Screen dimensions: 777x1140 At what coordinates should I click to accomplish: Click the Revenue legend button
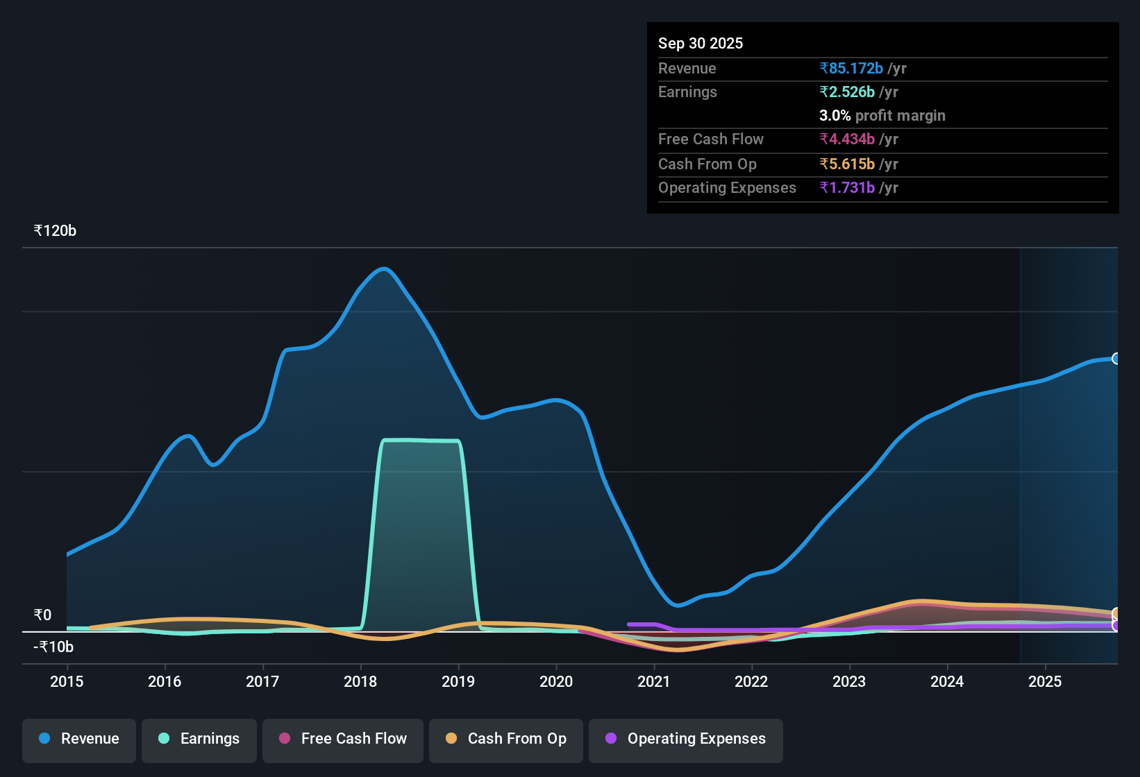pos(79,740)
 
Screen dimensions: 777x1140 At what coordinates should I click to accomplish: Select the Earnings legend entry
pos(199,740)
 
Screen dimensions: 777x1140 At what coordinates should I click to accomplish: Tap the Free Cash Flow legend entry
pos(343,740)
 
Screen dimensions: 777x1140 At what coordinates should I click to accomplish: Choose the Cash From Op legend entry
pos(506,740)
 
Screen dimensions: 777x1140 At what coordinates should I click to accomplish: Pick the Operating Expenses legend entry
pos(686,740)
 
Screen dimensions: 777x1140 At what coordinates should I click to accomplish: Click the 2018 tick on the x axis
pos(360,682)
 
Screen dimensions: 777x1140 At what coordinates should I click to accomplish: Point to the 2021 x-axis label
pos(653,682)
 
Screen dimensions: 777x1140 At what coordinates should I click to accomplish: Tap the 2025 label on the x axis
pos(1044,682)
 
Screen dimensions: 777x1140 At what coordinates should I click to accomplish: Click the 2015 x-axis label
pos(67,682)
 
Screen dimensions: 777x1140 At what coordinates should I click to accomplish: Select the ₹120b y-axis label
pos(55,231)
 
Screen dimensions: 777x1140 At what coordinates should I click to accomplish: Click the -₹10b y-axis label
pos(53,647)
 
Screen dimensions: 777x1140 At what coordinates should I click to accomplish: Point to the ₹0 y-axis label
pos(42,615)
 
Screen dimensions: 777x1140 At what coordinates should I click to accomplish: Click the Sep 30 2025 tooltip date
pos(700,44)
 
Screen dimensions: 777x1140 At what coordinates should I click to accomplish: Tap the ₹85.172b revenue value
pos(851,69)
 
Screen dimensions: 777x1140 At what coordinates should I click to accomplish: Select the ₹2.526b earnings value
pos(847,92)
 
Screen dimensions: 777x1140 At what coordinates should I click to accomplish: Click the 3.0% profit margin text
pos(882,116)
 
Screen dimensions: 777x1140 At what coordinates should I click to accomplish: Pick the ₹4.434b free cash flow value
pos(847,139)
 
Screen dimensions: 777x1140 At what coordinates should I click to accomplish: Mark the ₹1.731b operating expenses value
pos(847,188)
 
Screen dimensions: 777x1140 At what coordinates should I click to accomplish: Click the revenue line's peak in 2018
pos(383,269)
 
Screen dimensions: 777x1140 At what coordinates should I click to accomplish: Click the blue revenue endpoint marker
pos(1116,359)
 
